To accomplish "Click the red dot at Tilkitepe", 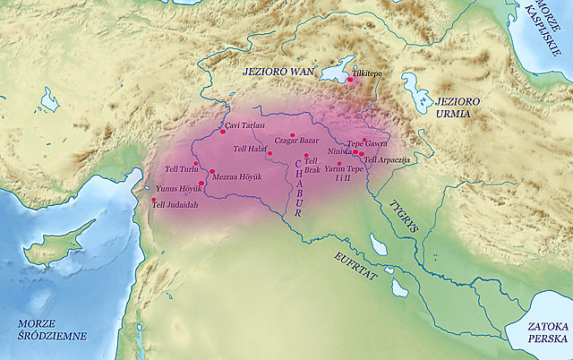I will point(351,81).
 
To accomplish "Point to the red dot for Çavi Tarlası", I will point(222,132).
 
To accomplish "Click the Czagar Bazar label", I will point(295,141).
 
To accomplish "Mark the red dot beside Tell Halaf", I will point(269,153).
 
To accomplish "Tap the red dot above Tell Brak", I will point(306,155).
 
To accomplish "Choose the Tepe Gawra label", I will point(367,143).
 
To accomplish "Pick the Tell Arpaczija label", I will point(387,159).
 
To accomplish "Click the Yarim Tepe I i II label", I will point(344,173).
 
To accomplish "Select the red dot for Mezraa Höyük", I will point(212,172).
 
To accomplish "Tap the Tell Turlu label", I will point(182,169).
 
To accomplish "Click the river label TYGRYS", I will point(403,218).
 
